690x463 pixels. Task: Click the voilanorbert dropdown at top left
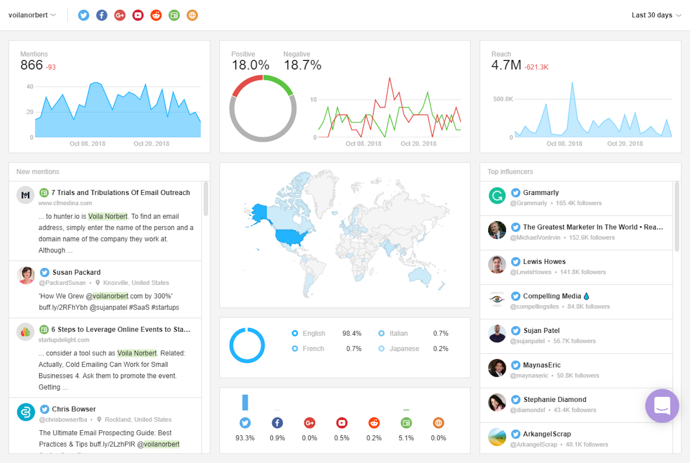pos(32,15)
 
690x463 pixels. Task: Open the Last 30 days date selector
pos(656,15)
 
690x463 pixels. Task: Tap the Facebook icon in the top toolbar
pos(102,15)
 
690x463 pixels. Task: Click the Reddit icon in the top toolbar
pos(156,15)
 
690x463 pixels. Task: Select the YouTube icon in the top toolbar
pos(138,15)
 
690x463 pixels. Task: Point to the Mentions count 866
pos(31,65)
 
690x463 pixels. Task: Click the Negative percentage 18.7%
pos(302,65)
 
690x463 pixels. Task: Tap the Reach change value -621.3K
pos(536,67)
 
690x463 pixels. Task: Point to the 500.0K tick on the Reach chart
pos(503,99)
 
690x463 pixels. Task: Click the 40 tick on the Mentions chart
pos(30,87)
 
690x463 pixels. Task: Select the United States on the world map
pos(291,237)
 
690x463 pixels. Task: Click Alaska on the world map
pos(259,212)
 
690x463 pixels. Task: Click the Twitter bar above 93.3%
pos(245,402)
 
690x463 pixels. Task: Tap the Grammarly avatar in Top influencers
pos(497,196)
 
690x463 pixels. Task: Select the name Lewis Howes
pos(544,262)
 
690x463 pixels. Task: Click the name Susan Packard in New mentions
pos(76,272)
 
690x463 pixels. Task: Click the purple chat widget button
pos(662,406)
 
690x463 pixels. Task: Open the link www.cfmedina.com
pos(65,203)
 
